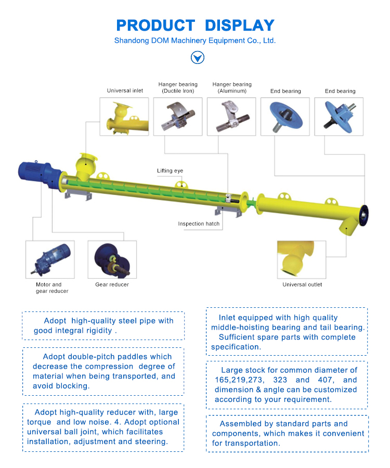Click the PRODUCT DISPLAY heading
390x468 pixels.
tap(195, 25)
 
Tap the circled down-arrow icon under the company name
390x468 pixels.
tap(198, 57)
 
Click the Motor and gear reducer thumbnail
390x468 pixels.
tap(50, 259)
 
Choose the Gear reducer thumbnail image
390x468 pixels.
tap(112, 259)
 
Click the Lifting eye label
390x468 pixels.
tap(170, 171)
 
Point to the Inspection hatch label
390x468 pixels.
tap(199, 224)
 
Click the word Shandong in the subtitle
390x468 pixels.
tap(132, 41)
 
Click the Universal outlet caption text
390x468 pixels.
tap(302, 284)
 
